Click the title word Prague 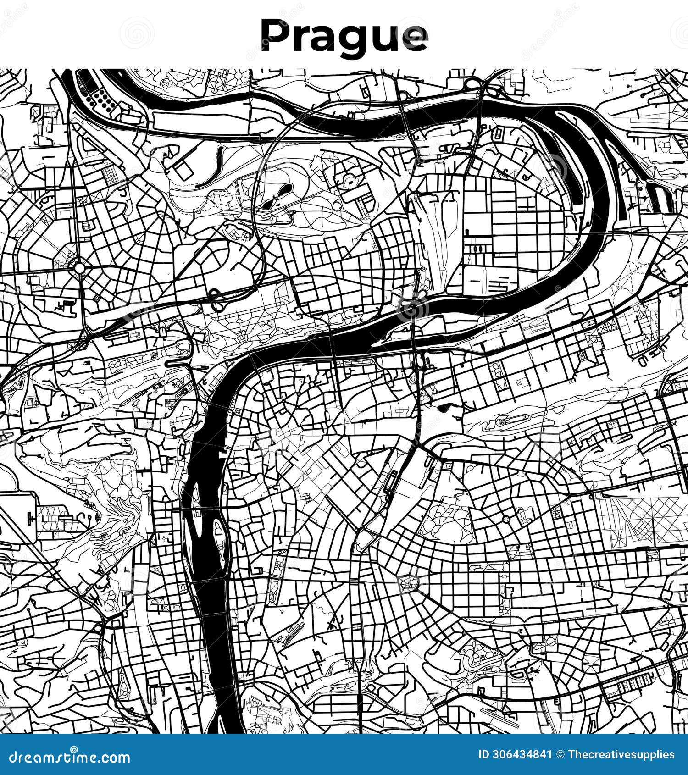(344, 37)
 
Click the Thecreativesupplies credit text (621, 754)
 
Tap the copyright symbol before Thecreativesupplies (560, 754)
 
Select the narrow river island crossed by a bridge (196, 504)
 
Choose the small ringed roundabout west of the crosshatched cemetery (506, 519)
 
